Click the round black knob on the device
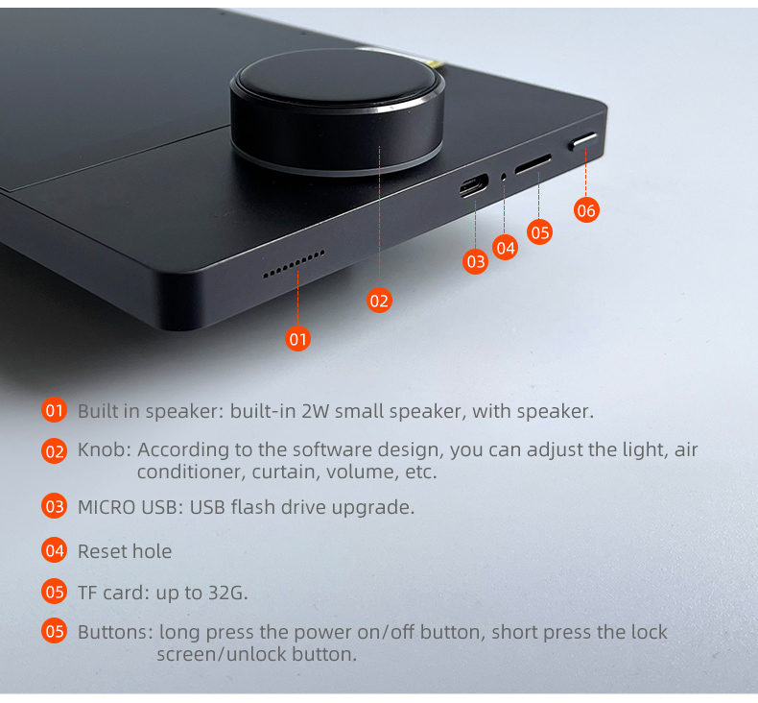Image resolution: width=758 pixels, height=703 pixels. [337, 111]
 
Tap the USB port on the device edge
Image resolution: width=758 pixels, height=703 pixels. [474, 186]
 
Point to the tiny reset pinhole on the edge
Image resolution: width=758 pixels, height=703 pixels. [503, 178]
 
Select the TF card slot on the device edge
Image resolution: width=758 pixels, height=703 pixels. [533, 164]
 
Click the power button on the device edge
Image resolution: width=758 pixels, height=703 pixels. [582, 141]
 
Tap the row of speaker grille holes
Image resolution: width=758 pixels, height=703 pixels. [294, 264]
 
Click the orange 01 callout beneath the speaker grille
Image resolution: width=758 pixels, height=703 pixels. [297, 339]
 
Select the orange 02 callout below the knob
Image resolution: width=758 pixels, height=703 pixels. [379, 301]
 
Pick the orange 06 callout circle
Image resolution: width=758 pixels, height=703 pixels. [586, 210]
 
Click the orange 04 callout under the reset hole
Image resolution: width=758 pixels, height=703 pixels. [506, 248]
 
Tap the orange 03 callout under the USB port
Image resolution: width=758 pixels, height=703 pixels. [476, 261]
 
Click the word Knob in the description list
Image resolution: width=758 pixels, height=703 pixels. [102, 450]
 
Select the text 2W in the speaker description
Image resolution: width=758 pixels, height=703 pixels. [315, 411]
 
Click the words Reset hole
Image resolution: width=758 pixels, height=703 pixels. [125, 551]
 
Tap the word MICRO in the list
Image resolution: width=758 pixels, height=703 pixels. [107, 507]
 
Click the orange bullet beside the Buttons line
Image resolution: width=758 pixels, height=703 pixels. [54, 631]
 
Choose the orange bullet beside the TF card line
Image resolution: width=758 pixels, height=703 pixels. [54, 592]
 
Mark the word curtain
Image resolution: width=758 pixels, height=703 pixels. [286, 472]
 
